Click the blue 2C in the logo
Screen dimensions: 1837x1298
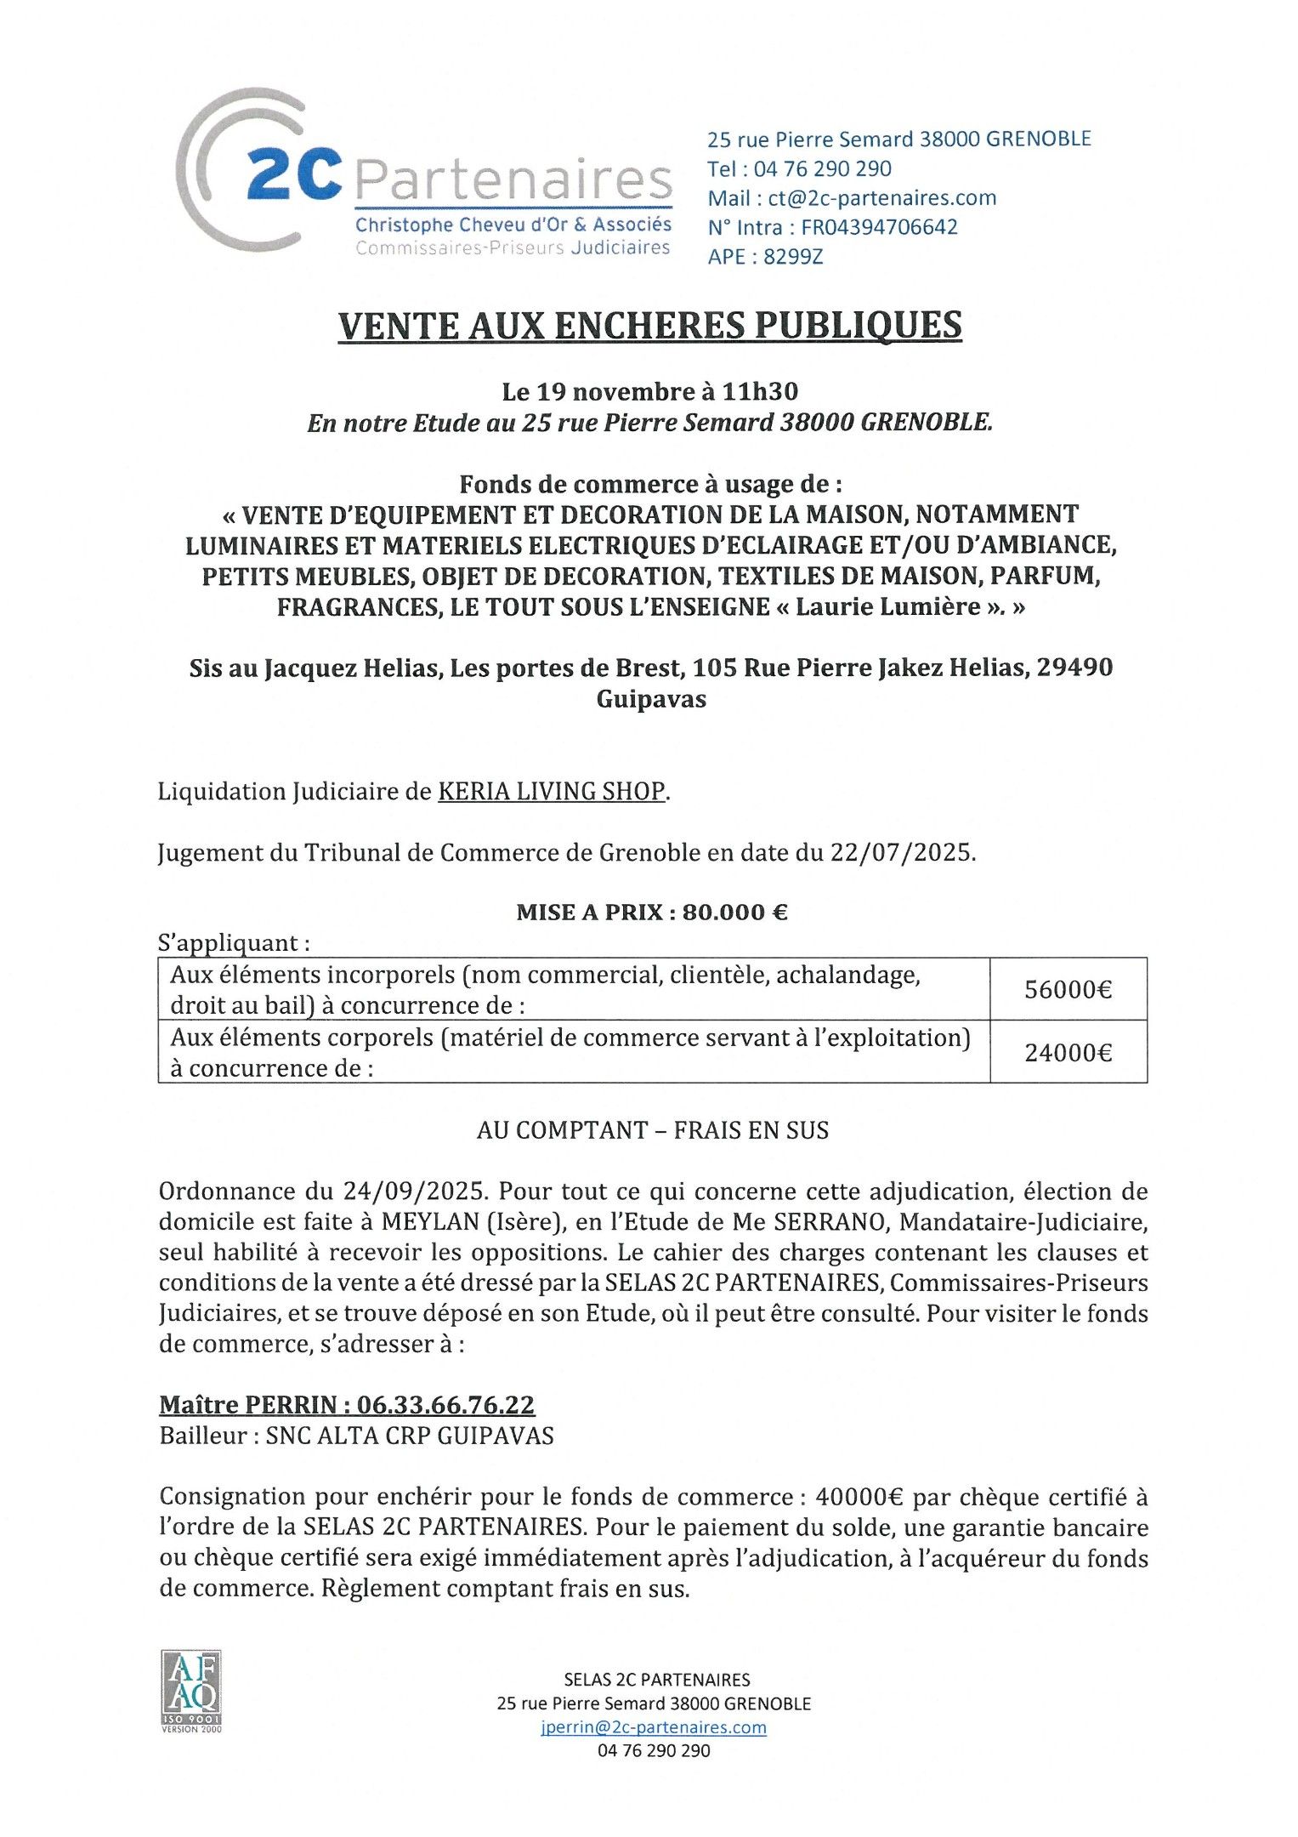294,174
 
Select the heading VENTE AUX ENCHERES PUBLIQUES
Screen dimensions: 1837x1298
649,326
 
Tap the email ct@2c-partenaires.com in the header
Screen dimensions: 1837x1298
881,198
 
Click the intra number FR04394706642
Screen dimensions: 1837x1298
879,227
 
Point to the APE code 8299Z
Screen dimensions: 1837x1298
793,257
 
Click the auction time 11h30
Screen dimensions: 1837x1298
760,392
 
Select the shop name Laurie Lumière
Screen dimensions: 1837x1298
887,607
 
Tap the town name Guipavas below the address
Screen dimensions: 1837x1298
651,699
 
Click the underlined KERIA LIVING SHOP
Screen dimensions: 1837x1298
551,792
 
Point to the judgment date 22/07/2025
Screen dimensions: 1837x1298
901,852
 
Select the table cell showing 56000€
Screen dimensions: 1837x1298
1068,990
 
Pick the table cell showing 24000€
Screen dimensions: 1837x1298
1068,1053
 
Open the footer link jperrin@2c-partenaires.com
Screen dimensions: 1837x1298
653,1727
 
